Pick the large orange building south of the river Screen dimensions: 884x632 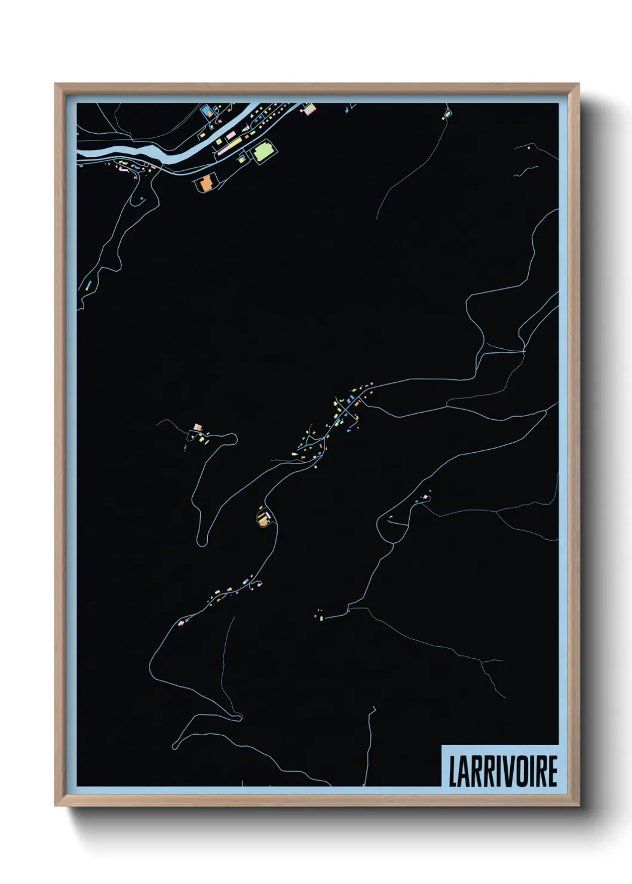click(205, 183)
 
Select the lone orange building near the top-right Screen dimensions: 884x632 click(529, 146)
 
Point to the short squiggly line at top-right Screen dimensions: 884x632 click(525, 171)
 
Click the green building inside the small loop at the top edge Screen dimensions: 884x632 click(447, 113)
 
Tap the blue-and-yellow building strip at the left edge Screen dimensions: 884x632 click(87, 285)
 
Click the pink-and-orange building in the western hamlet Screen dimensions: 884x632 click(198, 427)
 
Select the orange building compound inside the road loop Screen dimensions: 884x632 click(263, 518)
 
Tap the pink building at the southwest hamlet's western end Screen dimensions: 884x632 click(180, 622)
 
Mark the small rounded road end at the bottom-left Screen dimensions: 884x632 click(176, 746)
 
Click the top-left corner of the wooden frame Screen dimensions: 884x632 click(56, 85)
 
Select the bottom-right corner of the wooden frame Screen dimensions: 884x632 click(578, 806)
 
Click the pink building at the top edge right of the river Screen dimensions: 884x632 click(309, 109)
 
